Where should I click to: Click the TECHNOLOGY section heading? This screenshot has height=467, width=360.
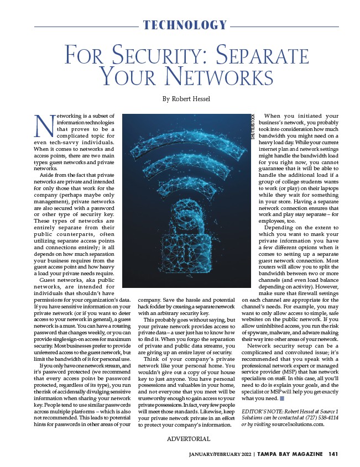click(x=185, y=25)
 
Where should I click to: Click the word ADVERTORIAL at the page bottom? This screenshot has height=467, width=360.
click(x=189, y=439)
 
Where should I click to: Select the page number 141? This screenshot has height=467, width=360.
click(x=333, y=454)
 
